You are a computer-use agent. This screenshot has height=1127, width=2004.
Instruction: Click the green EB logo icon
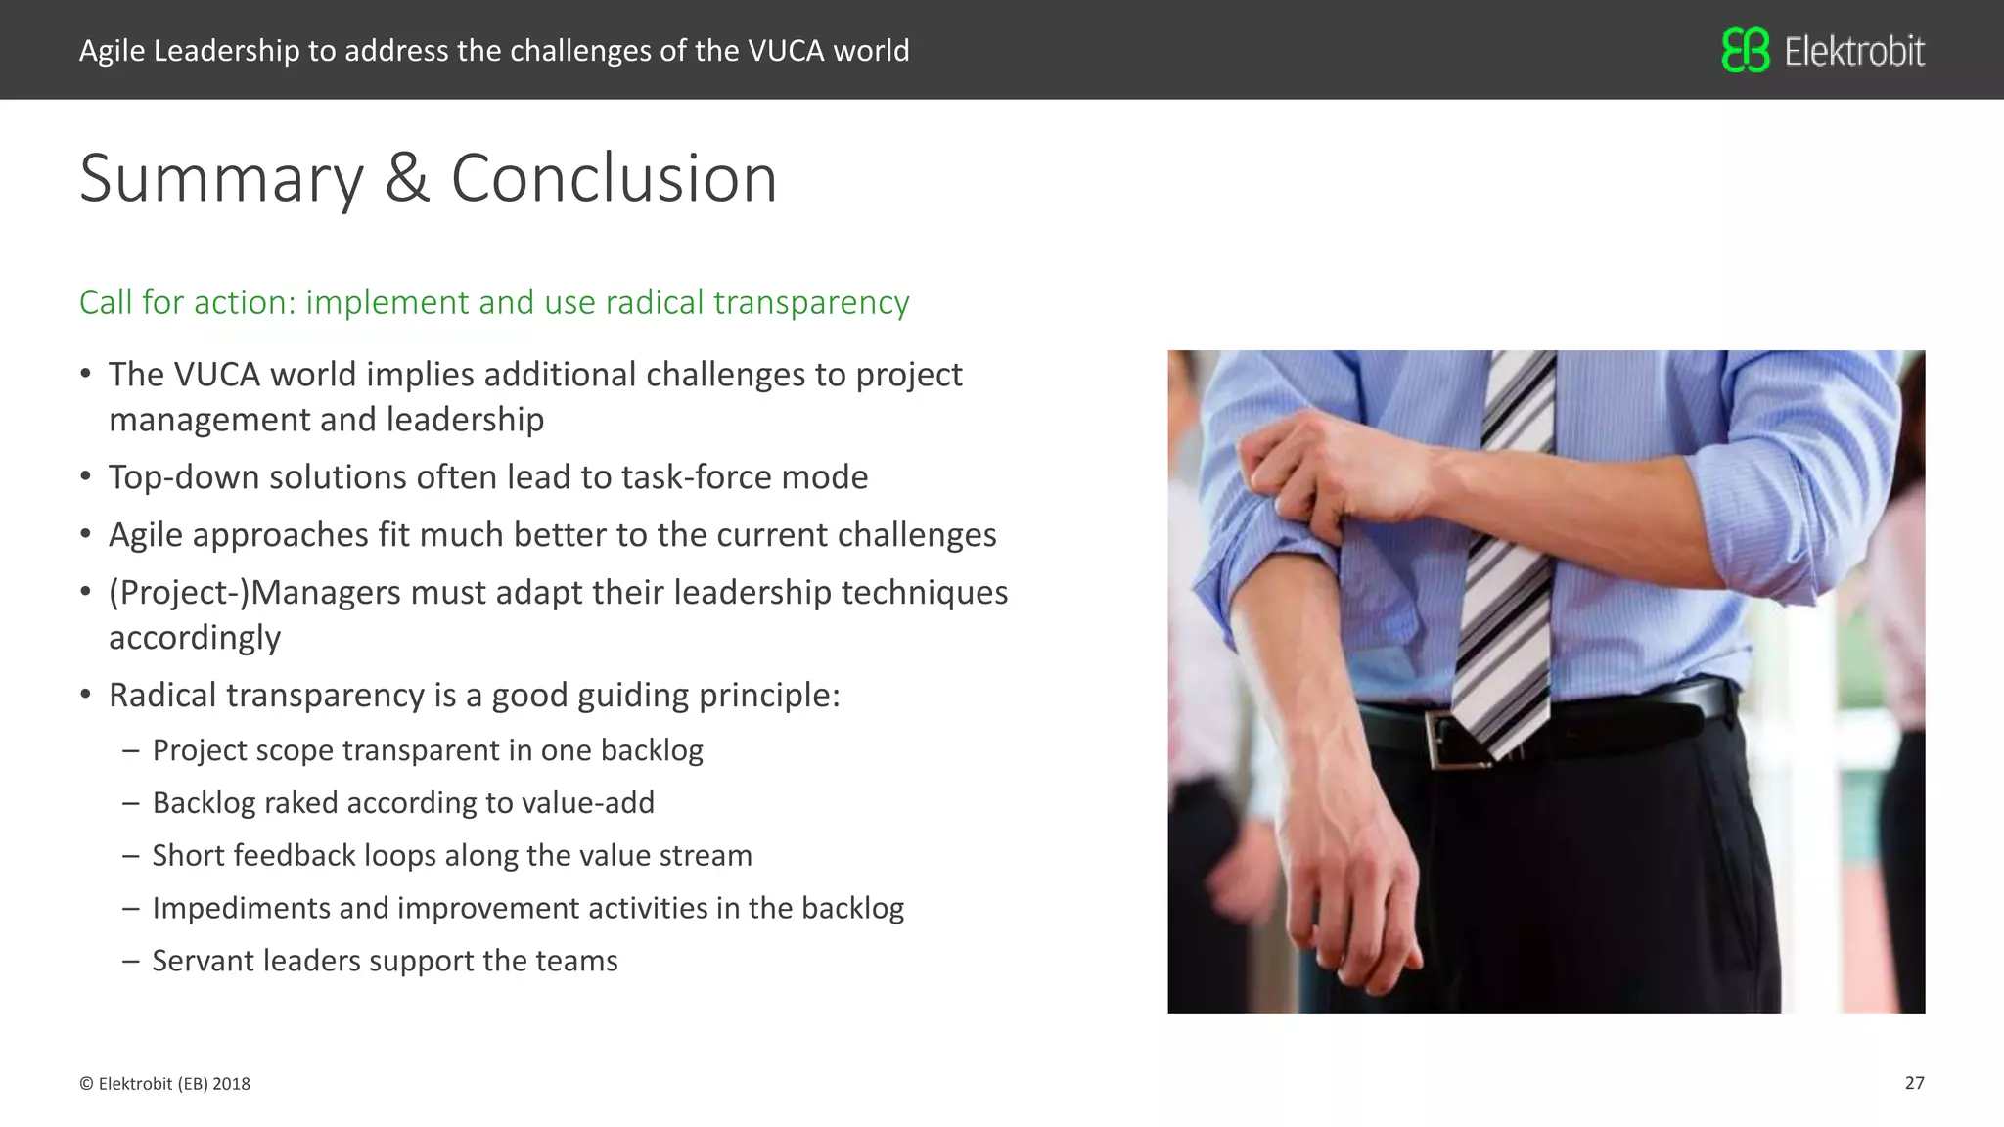pyautogui.click(x=1746, y=50)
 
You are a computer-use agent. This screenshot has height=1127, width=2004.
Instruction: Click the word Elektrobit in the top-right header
pyautogui.click(x=1854, y=51)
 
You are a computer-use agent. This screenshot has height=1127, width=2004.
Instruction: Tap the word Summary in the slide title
pyautogui.click(x=221, y=179)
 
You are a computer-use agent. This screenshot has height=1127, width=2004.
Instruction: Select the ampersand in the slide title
pyautogui.click(x=407, y=179)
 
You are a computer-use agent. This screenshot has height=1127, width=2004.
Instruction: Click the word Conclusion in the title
pyautogui.click(x=614, y=179)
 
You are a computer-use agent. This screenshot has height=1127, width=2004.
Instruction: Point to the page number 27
pyautogui.click(x=1914, y=1083)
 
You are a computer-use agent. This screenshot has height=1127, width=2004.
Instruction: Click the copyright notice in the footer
pyautogui.click(x=164, y=1084)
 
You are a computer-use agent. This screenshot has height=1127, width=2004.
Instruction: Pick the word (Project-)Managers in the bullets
pyautogui.click(x=254, y=593)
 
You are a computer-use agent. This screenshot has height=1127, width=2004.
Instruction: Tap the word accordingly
pyautogui.click(x=195, y=638)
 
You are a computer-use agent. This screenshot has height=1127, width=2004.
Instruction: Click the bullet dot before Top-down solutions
pyautogui.click(x=86, y=477)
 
